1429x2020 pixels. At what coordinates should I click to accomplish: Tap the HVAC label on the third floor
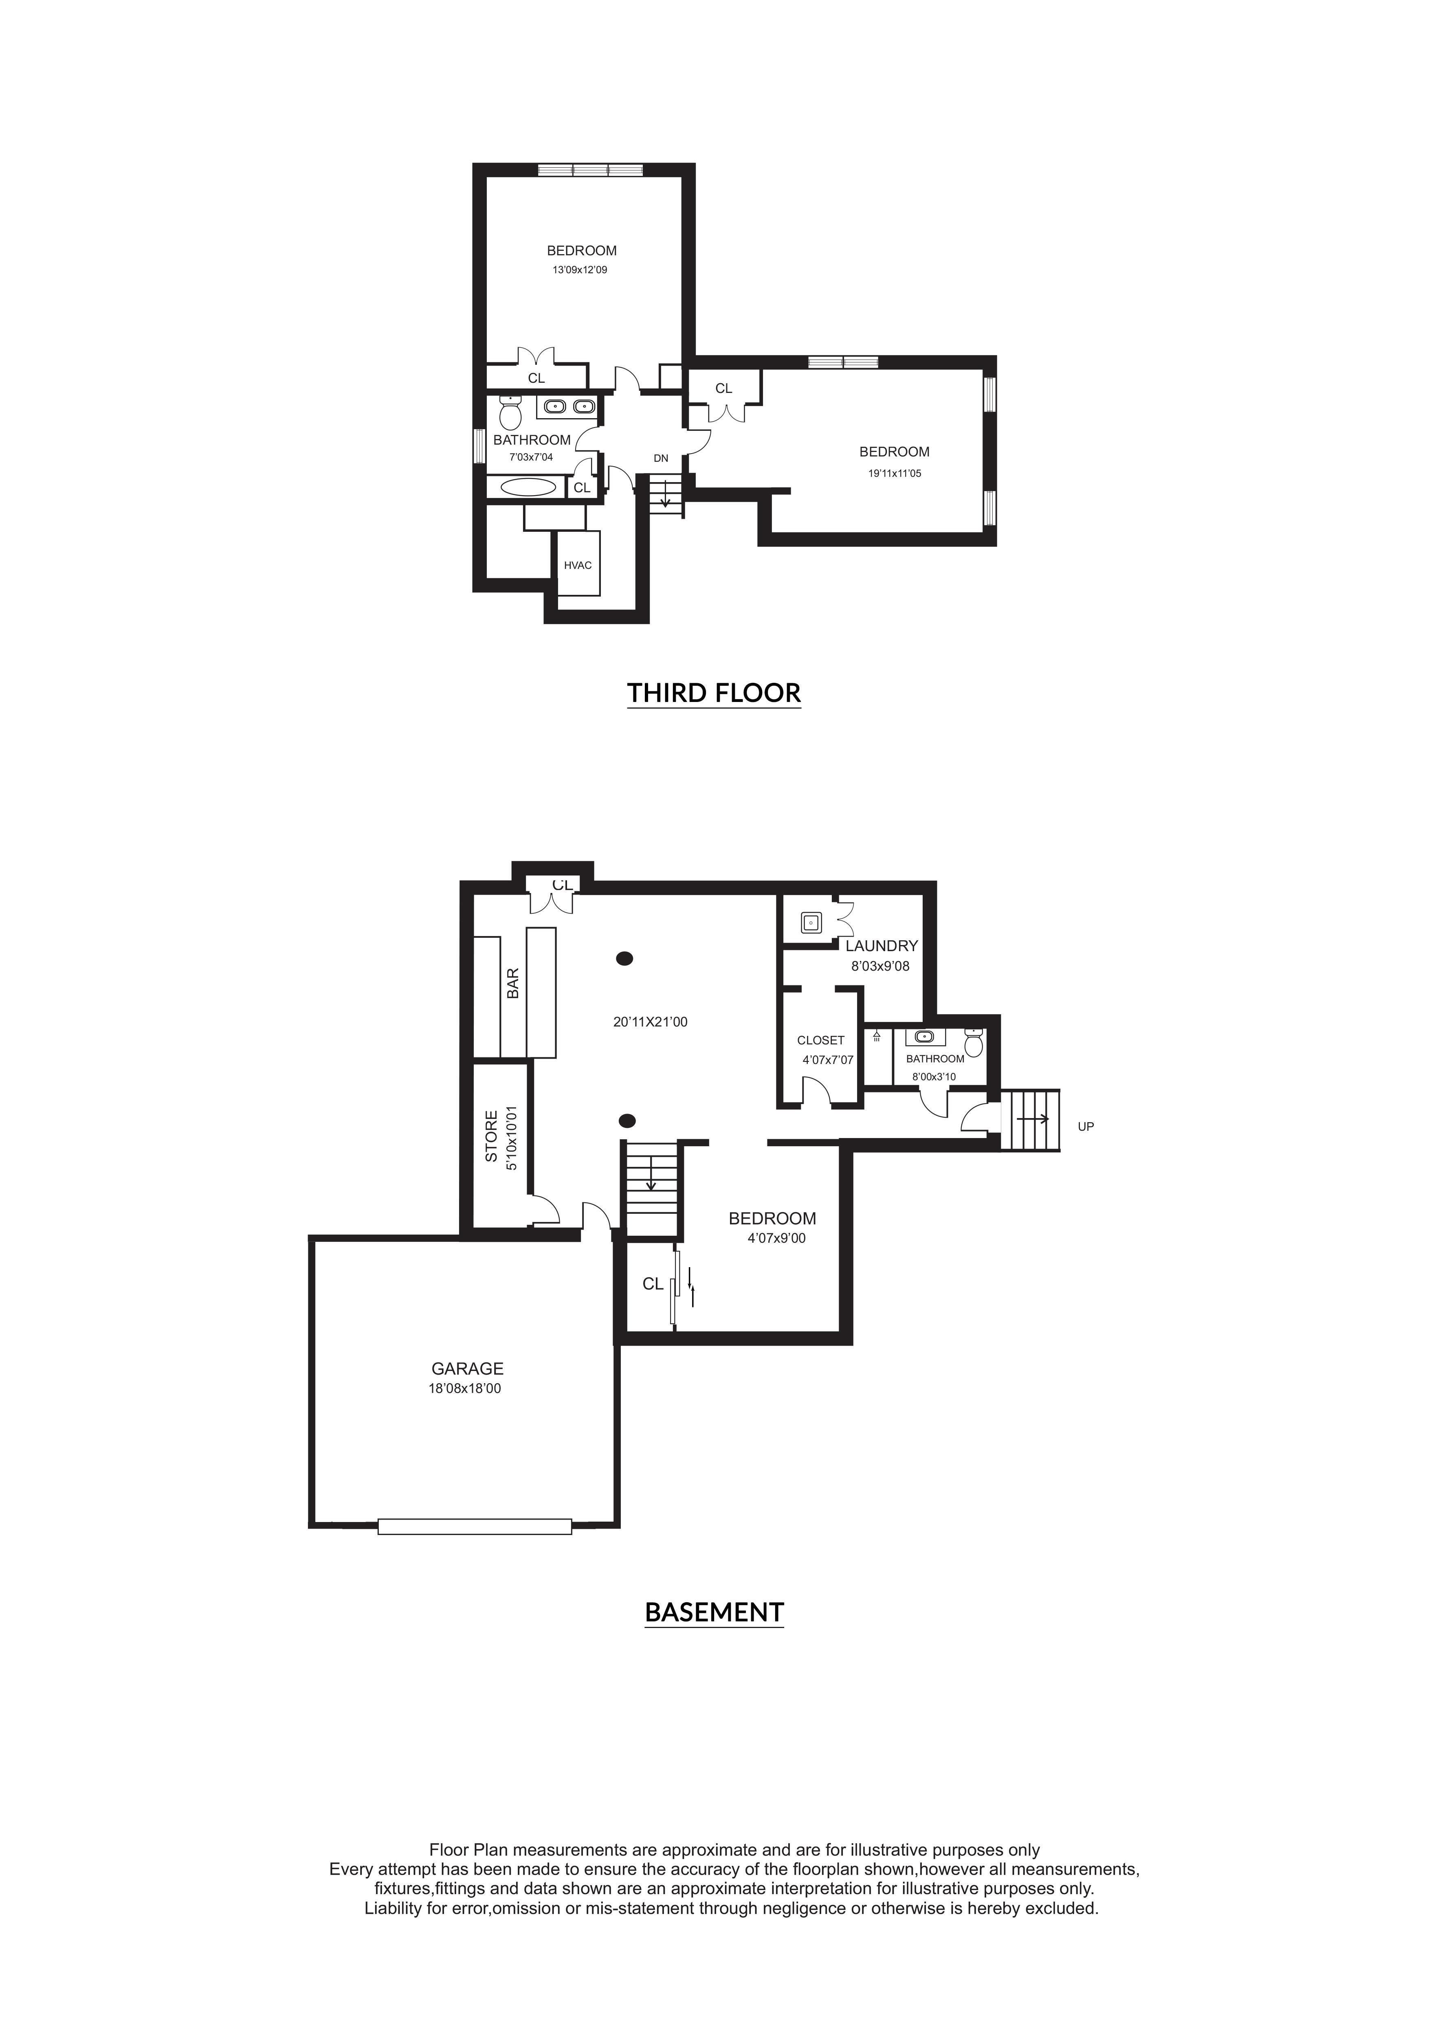click(x=578, y=565)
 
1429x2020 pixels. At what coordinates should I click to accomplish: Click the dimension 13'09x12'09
click(x=580, y=270)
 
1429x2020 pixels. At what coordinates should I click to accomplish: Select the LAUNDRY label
click(x=882, y=946)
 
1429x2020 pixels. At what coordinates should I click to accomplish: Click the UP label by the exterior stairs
click(x=1086, y=1126)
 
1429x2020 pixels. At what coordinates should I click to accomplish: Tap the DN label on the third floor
click(x=661, y=458)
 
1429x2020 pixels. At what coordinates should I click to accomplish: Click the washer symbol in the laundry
click(x=810, y=923)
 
